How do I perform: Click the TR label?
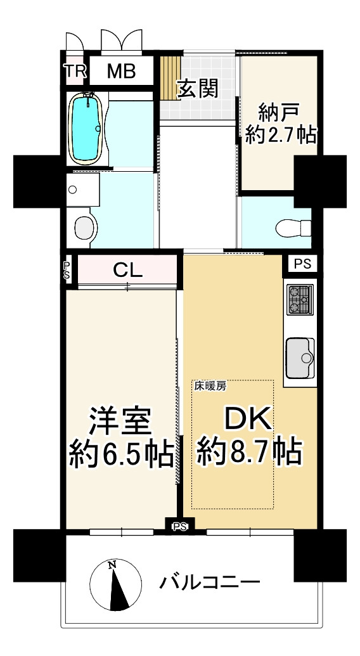pyautogui.click(x=75, y=71)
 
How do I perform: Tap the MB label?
pyautogui.click(x=121, y=71)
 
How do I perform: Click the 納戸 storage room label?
pyautogui.click(x=278, y=112)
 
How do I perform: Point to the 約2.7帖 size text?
pyautogui.click(x=281, y=135)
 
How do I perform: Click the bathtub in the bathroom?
pyautogui.click(x=87, y=128)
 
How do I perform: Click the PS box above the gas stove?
pyautogui.click(x=302, y=264)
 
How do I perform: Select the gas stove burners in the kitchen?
pyautogui.click(x=300, y=300)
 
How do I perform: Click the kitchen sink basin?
pyautogui.click(x=300, y=358)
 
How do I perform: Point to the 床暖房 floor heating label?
pyautogui.click(x=210, y=387)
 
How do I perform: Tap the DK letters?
pyautogui.click(x=249, y=419)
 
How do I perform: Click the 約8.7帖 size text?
pyautogui.click(x=250, y=451)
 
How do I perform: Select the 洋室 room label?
pyautogui.click(x=119, y=423)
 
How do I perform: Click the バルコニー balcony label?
pyautogui.click(x=210, y=582)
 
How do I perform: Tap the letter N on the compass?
pyautogui.click(x=112, y=565)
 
